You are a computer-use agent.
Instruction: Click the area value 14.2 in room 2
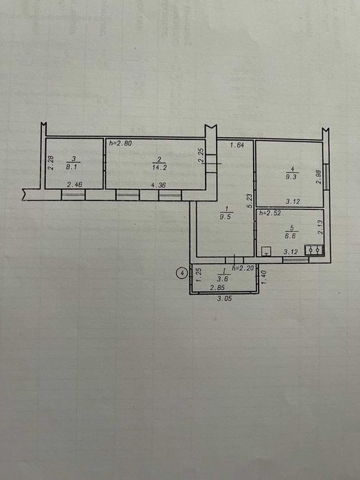(x=157, y=165)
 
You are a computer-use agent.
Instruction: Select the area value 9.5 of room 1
(x=225, y=217)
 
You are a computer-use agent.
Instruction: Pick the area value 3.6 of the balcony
(x=221, y=279)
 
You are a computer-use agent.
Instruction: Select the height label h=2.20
(x=244, y=267)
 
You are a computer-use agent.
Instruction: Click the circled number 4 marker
(x=182, y=273)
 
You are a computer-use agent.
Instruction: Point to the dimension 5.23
(x=250, y=199)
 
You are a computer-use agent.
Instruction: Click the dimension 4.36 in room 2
(x=157, y=184)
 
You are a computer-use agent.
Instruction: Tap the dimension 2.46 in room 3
(x=74, y=184)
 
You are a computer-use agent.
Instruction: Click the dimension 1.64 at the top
(x=237, y=145)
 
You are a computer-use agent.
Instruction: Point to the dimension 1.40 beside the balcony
(x=264, y=278)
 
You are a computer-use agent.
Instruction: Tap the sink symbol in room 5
(x=314, y=250)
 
